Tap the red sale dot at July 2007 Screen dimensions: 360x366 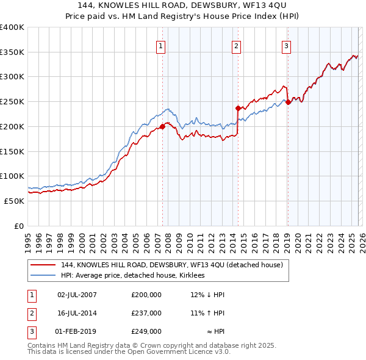pyautogui.click(x=162, y=126)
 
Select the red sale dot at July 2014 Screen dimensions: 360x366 pyautogui.click(x=238, y=108)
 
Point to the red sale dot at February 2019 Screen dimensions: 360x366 pyautogui.click(x=288, y=102)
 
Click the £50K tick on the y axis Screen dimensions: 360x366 pyautogui.click(x=14, y=201)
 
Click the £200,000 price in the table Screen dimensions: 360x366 pyautogui.click(x=146, y=295)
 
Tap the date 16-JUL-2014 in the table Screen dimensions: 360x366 pyautogui.click(x=77, y=313)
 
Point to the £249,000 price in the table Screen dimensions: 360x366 pyautogui.click(x=146, y=331)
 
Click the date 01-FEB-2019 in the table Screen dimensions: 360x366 pyautogui.click(x=77, y=331)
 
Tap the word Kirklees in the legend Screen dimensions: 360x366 pyautogui.click(x=197, y=276)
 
